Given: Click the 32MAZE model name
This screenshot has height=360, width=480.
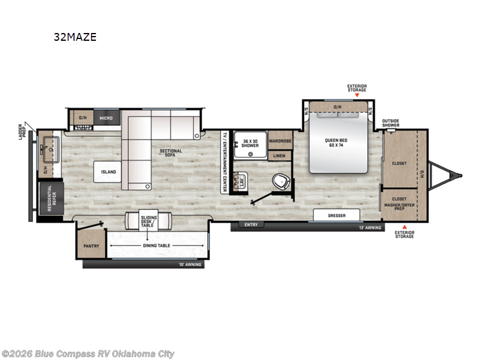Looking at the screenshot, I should point(75,37).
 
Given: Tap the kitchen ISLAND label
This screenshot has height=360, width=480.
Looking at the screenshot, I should point(109,172).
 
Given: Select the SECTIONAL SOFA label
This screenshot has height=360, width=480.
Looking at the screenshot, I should point(171,154).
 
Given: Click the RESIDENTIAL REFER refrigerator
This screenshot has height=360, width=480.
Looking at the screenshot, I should point(50,196).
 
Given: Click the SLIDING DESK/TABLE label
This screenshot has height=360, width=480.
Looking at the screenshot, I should point(148,221).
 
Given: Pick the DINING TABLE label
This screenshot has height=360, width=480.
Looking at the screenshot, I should point(156,246).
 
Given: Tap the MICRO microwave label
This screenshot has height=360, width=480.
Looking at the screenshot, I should point(106,118).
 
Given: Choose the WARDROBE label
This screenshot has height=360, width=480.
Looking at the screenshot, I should point(280,141).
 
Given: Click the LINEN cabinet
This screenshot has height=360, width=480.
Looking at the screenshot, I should point(280,155).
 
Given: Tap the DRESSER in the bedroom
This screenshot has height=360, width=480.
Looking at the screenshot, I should point(336,215).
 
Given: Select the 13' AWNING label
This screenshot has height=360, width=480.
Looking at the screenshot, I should point(369,228).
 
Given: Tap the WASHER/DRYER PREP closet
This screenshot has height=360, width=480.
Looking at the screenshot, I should point(399,205).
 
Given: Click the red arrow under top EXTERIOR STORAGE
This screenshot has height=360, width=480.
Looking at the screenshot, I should point(357,95).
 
